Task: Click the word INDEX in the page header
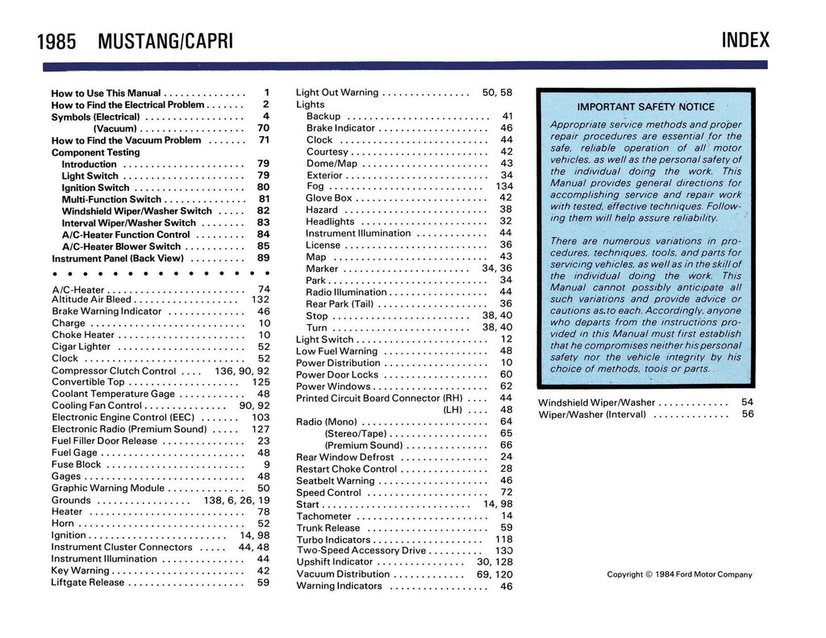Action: pyautogui.click(x=745, y=40)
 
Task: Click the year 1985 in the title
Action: pyautogui.click(x=56, y=42)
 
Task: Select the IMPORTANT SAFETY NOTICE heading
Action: pyautogui.click(x=645, y=106)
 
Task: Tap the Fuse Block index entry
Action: pyautogui.click(x=77, y=465)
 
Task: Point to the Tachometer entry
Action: pyautogui.click(x=323, y=516)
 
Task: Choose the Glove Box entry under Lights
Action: pyautogui.click(x=329, y=198)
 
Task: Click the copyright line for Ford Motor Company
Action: pyautogui.click(x=679, y=575)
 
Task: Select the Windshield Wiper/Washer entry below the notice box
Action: pyautogui.click(x=597, y=402)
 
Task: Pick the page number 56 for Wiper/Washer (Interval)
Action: pyautogui.click(x=748, y=415)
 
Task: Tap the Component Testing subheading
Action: pyautogui.click(x=95, y=152)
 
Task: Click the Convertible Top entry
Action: pyautogui.click(x=88, y=382)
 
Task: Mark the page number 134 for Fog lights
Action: pyautogui.click(x=503, y=186)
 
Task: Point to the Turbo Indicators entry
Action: pyautogui.click(x=333, y=540)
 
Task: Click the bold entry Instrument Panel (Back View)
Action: pyautogui.click(x=118, y=259)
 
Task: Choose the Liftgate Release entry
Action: pyautogui.click(x=88, y=582)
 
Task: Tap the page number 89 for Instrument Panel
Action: pyautogui.click(x=263, y=258)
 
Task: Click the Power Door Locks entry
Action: pyautogui.click(x=337, y=375)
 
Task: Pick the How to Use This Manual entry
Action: pyautogui.click(x=106, y=93)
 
